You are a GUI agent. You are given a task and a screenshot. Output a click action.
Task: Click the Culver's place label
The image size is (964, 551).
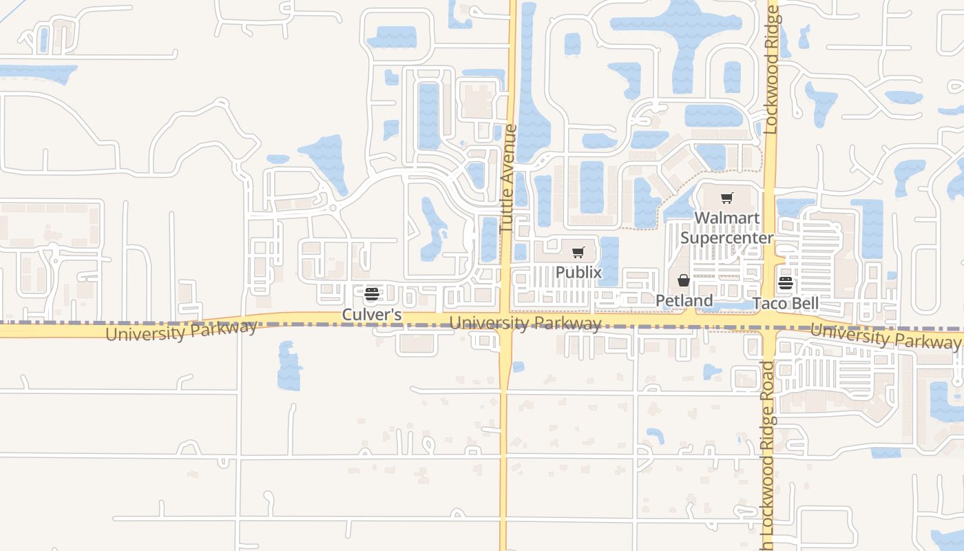(x=372, y=315)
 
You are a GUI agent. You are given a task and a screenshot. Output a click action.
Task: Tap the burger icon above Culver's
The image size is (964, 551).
(x=372, y=295)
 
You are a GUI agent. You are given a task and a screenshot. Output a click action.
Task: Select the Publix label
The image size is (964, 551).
(x=578, y=273)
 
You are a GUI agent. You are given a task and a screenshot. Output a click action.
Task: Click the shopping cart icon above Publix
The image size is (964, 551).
(x=578, y=253)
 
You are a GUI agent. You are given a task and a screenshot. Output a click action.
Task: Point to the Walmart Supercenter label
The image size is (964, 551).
(x=726, y=228)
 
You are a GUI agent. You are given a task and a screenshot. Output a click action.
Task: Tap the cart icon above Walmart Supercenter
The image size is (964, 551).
(x=726, y=198)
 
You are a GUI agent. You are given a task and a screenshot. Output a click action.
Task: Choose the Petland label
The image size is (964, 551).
(x=684, y=301)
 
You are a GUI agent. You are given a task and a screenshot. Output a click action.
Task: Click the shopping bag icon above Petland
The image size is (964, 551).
(x=684, y=280)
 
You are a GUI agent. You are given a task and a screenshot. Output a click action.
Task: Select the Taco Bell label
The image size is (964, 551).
(x=786, y=304)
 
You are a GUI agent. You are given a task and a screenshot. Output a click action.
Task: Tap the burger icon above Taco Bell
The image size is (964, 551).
(x=786, y=283)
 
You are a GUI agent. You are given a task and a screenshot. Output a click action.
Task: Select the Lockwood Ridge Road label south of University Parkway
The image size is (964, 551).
(x=768, y=455)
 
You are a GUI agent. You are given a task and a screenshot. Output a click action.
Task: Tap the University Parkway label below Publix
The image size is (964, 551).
(x=525, y=323)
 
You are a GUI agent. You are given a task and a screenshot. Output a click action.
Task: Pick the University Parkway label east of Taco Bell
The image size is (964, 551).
(x=885, y=335)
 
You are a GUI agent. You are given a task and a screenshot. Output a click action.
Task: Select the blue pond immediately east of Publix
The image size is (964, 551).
(x=609, y=260)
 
